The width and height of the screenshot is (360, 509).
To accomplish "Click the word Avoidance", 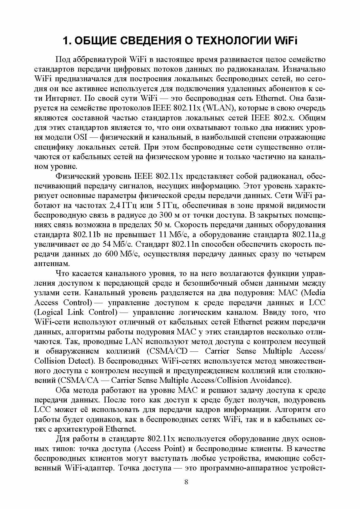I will (269, 380).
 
